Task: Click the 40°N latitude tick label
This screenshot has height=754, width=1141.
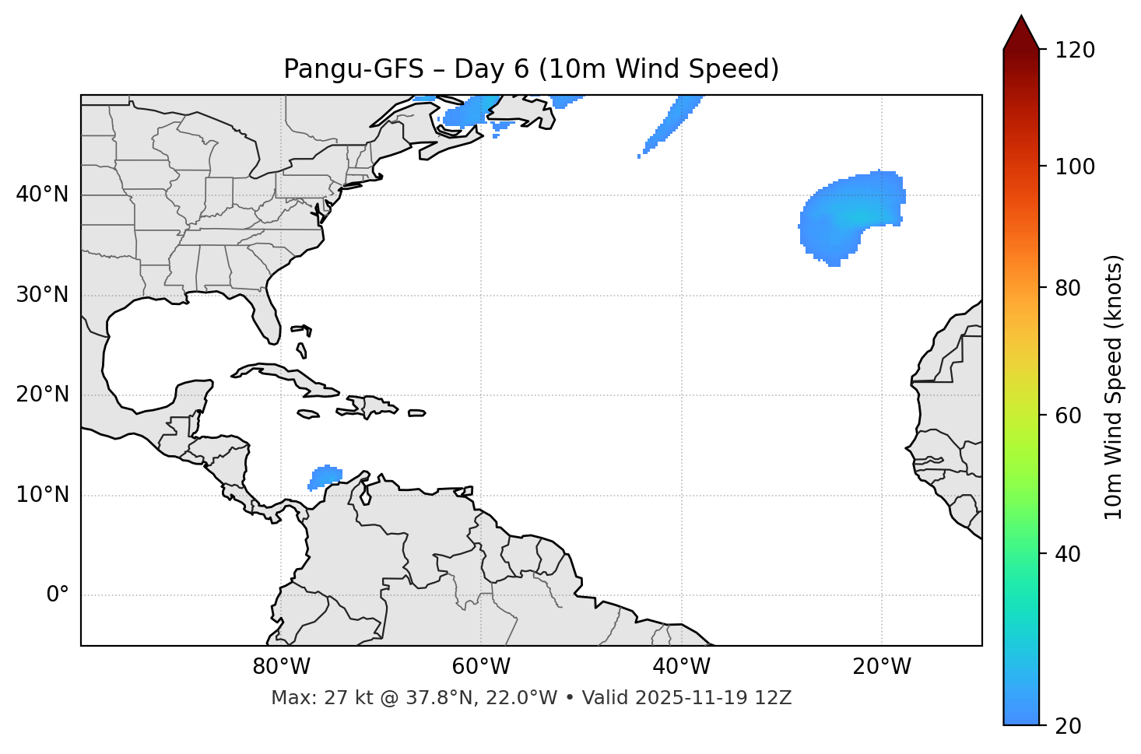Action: (x=42, y=195)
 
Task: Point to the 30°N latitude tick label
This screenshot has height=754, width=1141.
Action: (x=42, y=295)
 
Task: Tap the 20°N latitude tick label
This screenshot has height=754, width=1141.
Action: (x=42, y=395)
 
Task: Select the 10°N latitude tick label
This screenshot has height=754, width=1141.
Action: (x=42, y=495)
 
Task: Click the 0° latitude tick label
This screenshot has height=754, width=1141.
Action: (x=58, y=595)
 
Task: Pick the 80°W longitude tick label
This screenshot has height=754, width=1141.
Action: (x=281, y=667)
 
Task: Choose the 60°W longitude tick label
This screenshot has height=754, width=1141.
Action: (x=481, y=667)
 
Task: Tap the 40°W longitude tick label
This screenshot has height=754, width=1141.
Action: (x=681, y=667)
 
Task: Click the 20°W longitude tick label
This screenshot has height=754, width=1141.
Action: (x=882, y=667)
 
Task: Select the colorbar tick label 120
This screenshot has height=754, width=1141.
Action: (x=1075, y=51)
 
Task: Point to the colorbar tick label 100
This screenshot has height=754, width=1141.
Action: (x=1075, y=167)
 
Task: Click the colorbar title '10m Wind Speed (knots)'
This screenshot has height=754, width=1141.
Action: (x=1114, y=387)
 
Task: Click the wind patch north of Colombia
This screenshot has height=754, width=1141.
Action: (x=325, y=476)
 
